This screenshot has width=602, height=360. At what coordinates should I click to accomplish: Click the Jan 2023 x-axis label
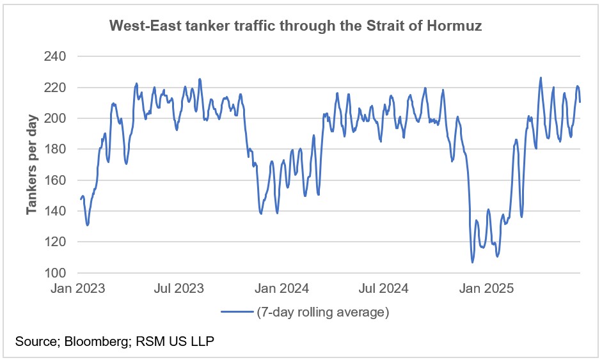(x=79, y=288)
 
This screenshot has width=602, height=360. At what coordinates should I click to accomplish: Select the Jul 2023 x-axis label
(x=180, y=288)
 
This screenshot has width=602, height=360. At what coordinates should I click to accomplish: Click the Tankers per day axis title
(x=32, y=164)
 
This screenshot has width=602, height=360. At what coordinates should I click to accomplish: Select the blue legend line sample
(x=237, y=313)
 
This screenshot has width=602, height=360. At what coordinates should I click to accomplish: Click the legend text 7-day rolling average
(x=323, y=313)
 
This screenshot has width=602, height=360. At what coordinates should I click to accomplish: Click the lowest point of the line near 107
(x=472, y=262)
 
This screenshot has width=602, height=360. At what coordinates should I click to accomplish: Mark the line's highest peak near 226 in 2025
(x=541, y=78)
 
